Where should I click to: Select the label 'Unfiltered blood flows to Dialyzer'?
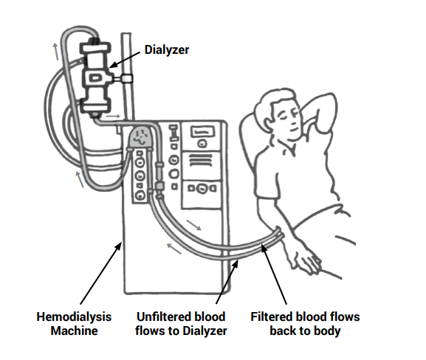181,323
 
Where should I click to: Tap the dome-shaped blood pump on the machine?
140,136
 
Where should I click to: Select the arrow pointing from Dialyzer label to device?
126,58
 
